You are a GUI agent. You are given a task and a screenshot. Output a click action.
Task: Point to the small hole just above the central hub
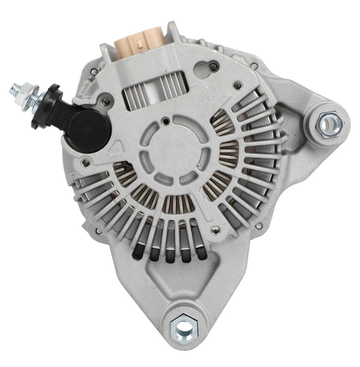point(166,122)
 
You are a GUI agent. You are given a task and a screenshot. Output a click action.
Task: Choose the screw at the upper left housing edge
point(94,71)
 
